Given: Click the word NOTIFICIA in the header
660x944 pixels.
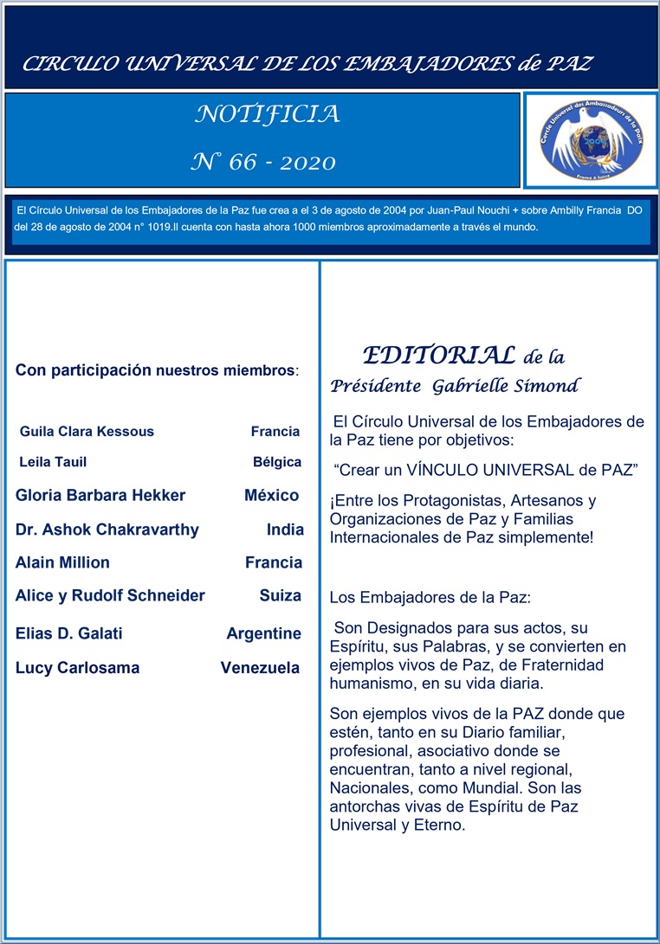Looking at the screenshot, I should coord(268,114).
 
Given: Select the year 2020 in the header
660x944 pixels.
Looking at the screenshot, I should coord(307,162).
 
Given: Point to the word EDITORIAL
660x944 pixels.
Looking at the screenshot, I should coord(439,355).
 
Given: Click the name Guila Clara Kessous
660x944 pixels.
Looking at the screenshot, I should coord(87,431).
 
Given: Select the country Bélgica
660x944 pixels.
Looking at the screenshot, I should coord(277,462).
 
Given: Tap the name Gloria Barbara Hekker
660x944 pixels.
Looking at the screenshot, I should coord(100,496).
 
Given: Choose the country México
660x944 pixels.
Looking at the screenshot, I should coord(271,496).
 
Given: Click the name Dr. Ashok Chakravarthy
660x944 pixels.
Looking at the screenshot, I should coord(107,530).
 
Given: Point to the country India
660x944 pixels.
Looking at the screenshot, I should coord(285,530).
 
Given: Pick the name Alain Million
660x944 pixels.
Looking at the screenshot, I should coord(62,562).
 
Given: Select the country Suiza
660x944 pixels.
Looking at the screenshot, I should coord(281,595).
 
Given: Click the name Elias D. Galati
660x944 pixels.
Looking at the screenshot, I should coord(69,633).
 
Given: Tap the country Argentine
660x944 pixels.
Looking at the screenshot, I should coord(264,633).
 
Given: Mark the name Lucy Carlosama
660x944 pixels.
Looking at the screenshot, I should coord(78,668).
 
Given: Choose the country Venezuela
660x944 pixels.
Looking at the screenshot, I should coord(261,668).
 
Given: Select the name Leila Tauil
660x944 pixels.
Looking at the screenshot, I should coord(53,462).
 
